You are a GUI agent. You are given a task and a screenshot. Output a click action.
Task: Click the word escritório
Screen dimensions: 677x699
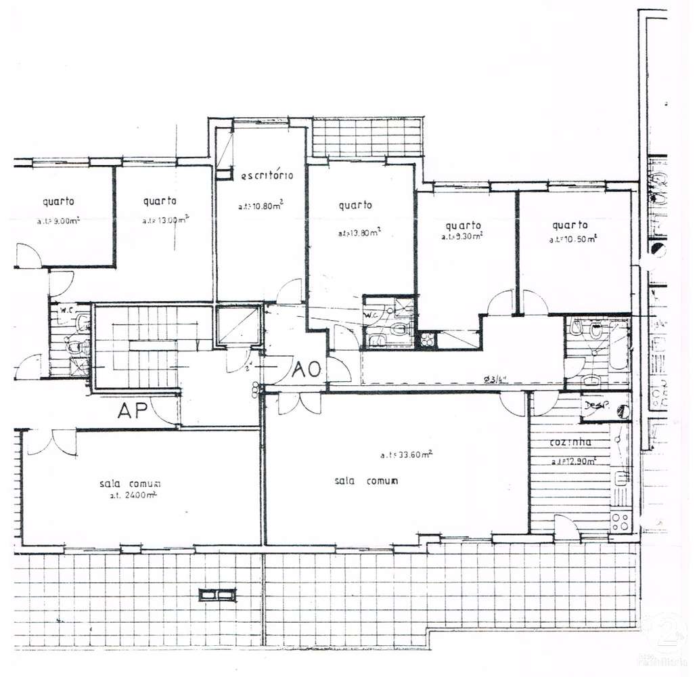[267, 175]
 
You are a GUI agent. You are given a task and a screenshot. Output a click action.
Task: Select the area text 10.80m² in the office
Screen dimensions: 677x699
[260, 206]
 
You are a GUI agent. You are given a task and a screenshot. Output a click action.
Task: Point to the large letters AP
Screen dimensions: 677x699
[133, 411]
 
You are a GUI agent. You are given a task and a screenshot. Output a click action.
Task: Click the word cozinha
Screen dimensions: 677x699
[570, 443]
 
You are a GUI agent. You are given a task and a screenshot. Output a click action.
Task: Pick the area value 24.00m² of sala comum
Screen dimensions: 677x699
[129, 496]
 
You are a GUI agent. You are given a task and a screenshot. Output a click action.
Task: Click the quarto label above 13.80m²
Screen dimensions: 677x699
[355, 205]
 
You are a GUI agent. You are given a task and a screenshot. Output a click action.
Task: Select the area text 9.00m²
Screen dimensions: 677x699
[59, 221]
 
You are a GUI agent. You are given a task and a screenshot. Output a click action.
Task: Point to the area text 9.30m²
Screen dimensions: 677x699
[463, 237]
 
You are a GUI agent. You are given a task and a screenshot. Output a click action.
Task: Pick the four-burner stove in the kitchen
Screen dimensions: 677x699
[621, 521]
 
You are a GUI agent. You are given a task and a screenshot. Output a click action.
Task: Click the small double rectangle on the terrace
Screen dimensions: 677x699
[217, 595]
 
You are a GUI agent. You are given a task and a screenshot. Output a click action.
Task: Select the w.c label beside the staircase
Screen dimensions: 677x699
[66, 311]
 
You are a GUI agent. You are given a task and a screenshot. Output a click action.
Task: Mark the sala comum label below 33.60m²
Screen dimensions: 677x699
[365, 481]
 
